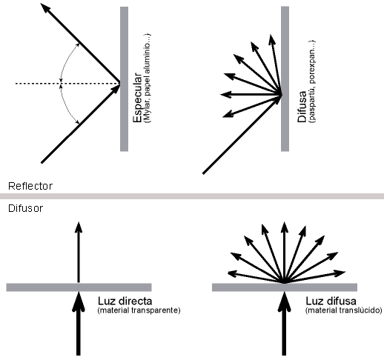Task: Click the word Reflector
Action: tap(30, 186)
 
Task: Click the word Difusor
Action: tap(25, 209)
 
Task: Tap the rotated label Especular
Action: tap(137, 97)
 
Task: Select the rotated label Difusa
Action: tap(302, 107)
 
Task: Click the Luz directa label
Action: tap(125, 301)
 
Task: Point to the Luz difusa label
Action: tap(331, 301)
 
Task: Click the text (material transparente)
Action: tap(139, 310)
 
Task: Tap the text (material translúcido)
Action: tap(344, 310)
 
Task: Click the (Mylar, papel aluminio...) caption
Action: tap(148, 79)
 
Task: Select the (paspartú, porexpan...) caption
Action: tap(312, 81)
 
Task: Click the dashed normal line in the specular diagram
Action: tap(67, 84)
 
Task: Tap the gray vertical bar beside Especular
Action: tap(124, 79)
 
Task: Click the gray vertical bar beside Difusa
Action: tap(285, 79)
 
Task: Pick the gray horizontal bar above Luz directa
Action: tap(79, 287)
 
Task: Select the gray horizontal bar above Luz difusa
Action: tap(285, 287)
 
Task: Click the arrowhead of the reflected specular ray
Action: tap(45, 8)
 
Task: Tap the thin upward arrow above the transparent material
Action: tap(79, 252)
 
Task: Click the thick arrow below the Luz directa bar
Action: tap(79, 324)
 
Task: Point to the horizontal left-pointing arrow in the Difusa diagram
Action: tap(251, 94)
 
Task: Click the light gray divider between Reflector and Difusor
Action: tap(192, 196)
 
